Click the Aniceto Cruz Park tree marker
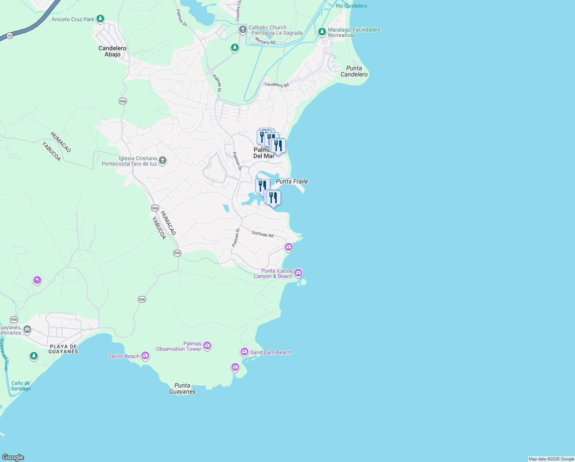100,18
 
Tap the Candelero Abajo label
112,51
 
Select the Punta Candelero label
354,71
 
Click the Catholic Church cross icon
243,29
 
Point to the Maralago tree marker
322,32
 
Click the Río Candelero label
351,6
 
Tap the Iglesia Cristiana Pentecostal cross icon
163,160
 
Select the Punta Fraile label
292,181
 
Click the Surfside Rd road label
263,234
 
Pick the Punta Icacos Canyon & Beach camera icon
298,273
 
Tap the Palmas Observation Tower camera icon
207,345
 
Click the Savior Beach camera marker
145,355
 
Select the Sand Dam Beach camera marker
244,352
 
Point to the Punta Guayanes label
182,388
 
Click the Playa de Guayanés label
63,349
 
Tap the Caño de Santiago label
21,386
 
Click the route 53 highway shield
10,36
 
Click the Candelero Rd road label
276,84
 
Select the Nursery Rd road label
265,41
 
